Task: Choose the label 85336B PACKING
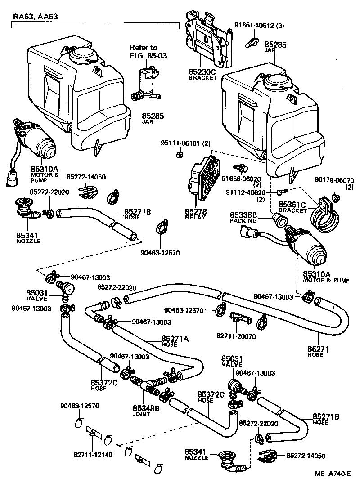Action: (x=243, y=218)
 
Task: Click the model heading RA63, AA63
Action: (x=35, y=17)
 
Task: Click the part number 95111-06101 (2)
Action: (x=184, y=143)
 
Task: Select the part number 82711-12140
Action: (x=93, y=454)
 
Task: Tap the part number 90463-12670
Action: (x=184, y=310)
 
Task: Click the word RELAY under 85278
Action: (x=195, y=217)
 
